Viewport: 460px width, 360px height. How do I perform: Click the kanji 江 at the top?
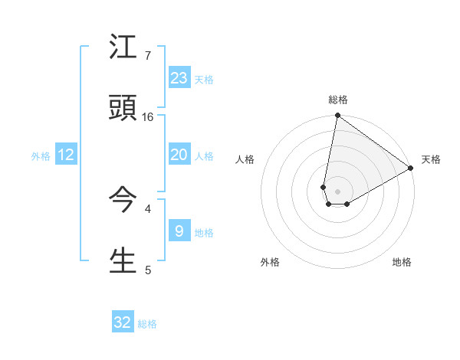[x=124, y=47]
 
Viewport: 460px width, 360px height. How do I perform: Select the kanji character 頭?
[x=124, y=108]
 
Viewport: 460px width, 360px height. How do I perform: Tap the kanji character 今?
[x=124, y=200]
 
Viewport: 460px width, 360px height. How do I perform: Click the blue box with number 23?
[x=179, y=78]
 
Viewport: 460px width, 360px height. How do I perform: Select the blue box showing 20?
[x=179, y=155]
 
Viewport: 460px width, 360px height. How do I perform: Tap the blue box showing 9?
[x=179, y=231]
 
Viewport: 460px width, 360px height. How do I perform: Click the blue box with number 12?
[x=66, y=155]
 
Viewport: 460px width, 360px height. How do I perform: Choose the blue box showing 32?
[x=123, y=322]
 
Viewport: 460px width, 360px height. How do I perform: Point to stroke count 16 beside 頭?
[x=149, y=117]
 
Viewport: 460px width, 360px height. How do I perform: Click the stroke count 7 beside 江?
[x=147, y=56]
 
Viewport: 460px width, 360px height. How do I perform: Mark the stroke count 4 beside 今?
[x=147, y=208]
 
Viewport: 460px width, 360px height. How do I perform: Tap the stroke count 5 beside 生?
[x=147, y=270]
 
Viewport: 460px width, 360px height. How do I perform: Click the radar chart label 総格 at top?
[x=338, y=100]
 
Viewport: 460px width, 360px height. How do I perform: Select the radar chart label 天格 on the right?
[x=431, y=159]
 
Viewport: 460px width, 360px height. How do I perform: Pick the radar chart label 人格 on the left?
[x=245, y=159]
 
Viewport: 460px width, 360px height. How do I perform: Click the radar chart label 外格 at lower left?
[x=270, y=262]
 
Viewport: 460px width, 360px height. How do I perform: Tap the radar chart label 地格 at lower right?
[x=402, y=262]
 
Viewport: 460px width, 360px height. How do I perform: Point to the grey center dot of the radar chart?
[x=338, y=191]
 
